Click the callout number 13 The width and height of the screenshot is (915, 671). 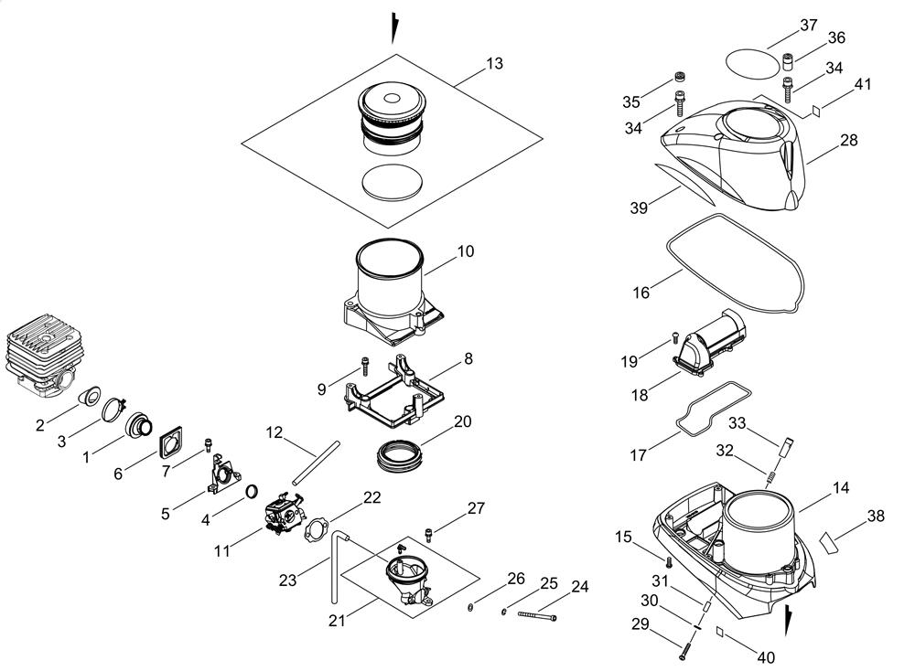494,63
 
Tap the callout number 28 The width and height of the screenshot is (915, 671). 848,140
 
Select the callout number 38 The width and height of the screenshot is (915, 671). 876,516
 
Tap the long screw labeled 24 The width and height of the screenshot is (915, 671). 538,617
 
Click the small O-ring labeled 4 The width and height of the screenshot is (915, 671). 250,495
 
